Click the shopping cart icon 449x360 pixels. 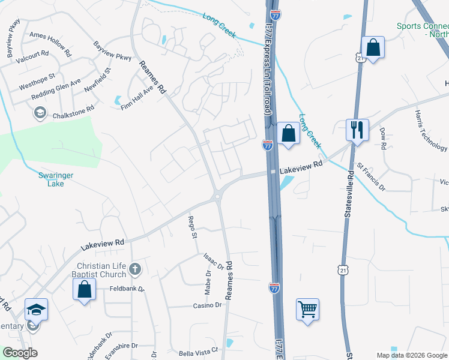[307, 310]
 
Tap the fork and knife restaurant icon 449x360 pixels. [357, 130]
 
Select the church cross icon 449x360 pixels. [134, 269]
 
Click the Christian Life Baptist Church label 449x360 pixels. [101, 270]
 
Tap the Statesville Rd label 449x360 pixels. [350, 199]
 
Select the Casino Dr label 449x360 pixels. [207, 305]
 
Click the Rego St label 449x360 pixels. [193, 227]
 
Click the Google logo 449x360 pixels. [20, 353]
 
